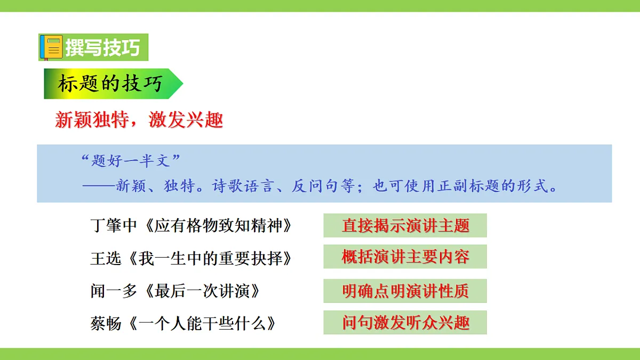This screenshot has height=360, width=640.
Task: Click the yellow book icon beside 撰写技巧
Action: (52, 47)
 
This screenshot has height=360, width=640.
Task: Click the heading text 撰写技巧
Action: (102, 47)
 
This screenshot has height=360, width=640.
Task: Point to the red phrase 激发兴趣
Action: (186, 120)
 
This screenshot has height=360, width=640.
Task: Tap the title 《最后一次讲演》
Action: (204, 291)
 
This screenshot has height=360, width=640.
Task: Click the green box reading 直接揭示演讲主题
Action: (405, 226)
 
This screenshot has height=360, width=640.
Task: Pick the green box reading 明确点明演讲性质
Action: (405, 291)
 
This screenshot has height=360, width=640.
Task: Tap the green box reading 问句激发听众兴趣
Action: (405, 323)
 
